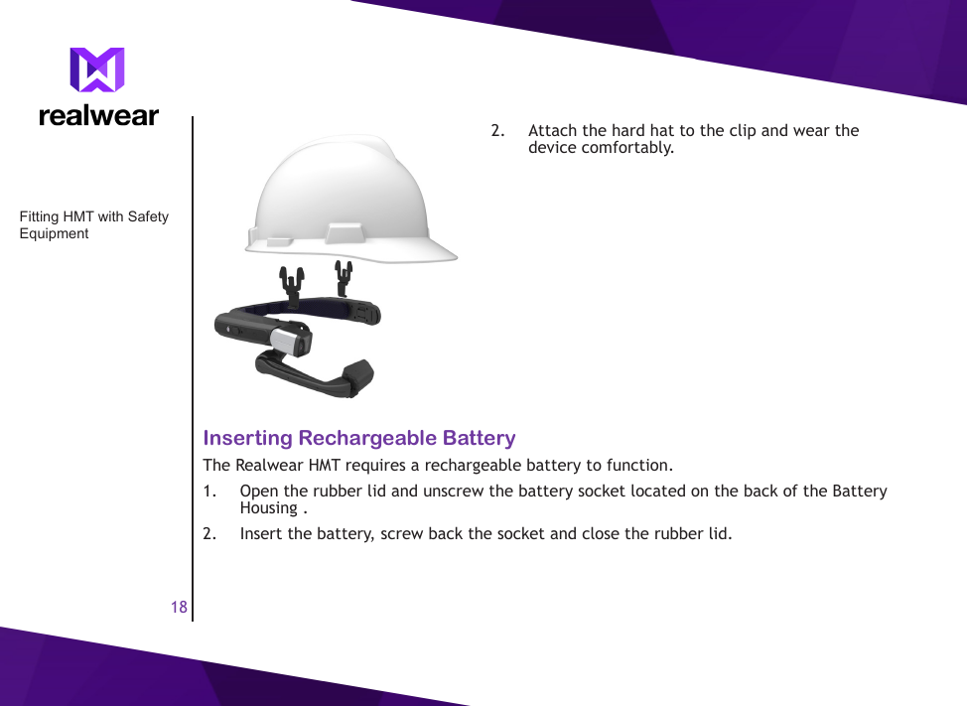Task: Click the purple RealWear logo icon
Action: pos(97,71)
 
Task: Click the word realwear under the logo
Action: pos(98,115)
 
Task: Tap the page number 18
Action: pos(179,607)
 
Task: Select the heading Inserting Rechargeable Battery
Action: pos(359,438)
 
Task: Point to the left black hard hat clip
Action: pos(293,281)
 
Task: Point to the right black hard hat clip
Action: pos(344,277)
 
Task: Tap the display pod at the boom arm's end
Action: pos(357,379)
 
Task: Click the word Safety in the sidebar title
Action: pos(148,216)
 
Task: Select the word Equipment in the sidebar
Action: pos(55,233)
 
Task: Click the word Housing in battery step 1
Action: pos(268,507)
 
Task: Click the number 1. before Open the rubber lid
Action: pos(210,491)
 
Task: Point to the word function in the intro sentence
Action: pos(637,464)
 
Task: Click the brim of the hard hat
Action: pos(417,251)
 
